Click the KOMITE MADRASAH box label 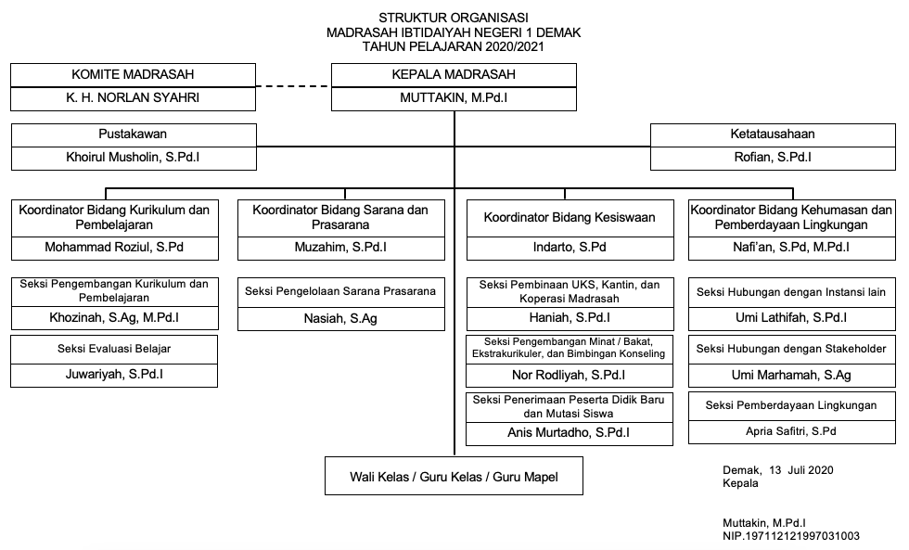pyautogui.click(x=133, y=75)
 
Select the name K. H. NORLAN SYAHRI pyautogui.click(x=133, y=98)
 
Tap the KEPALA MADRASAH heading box pyautogui.click(x=454, y=75)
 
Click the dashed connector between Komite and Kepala pyautogui.click(x=293, y=86)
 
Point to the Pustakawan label pyautogui.click(x=133, y=134)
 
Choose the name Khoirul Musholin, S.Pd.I pyautogui.click(x=133, y=157)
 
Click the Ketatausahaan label pyautogui.click(x=772, y=134)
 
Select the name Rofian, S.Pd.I pyautogui.click(x=773, y=157)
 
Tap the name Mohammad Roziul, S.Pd pyautogui.click(x=114, y=248)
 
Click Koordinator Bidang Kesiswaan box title pyautogui.click(x=570, y=217)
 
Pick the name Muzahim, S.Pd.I pyautogui.click(x=341, y=248)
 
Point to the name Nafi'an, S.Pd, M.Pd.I pyautogui.click(x=791, y=248)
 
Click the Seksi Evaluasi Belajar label pyautogui.click(x=114, y=349)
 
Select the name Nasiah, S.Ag pyautogui.click(x=341, y=318)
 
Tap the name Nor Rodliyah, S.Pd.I pyautogui.click(x=569, y=375)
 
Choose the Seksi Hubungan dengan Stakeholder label pyautogui.click(x=791, y=349)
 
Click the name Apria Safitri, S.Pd pyautogui.click(x=791, y=431)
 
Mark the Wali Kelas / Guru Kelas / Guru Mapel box pyautogui.click(x=454, y=476)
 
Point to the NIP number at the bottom pyautogui.click(x=791, y=536)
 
